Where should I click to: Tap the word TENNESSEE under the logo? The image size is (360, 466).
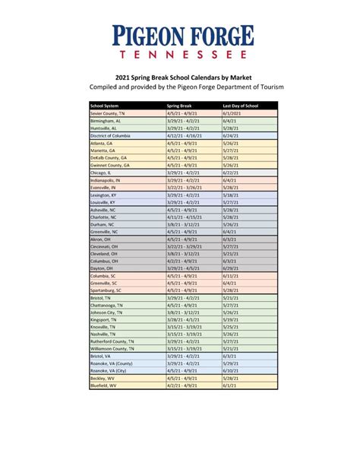[180, 55]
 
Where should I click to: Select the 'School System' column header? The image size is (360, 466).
[106, 106]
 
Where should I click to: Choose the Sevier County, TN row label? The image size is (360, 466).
[107, 113]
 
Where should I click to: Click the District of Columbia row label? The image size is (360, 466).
[112, 135]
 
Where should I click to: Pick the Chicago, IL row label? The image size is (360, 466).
[103, 173]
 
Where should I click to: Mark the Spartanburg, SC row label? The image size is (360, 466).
[108, 291]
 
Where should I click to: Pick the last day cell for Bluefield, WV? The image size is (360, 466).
[230, 385]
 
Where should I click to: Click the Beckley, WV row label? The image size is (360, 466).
[103, 378]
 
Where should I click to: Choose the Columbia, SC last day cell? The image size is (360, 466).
[230, 277]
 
